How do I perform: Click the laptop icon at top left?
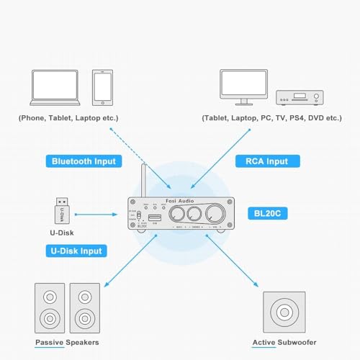[58, 88]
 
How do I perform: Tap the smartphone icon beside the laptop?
[103, 88]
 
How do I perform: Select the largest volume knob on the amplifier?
[215, 215]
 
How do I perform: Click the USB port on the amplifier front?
[154, 216]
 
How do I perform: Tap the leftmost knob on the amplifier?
[174, 215]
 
